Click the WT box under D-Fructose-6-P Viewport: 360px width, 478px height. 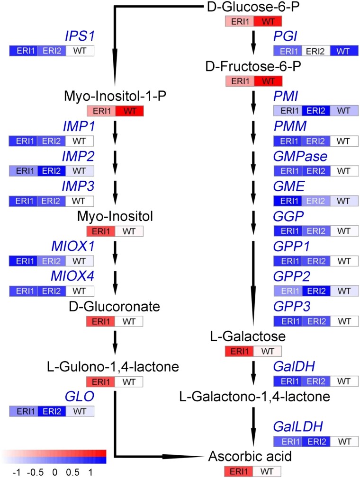(x=268, y=81)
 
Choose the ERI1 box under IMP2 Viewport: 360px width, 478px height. (x=23, y=170)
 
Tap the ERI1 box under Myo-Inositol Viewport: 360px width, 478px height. (x=100, y=231)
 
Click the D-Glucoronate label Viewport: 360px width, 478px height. (x=114, y=306)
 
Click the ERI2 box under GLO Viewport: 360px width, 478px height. (x=51, y=411)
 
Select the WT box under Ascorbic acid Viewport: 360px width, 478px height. (x=266, y=471)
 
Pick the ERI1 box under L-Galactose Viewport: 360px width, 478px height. (x=239, y=351)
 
